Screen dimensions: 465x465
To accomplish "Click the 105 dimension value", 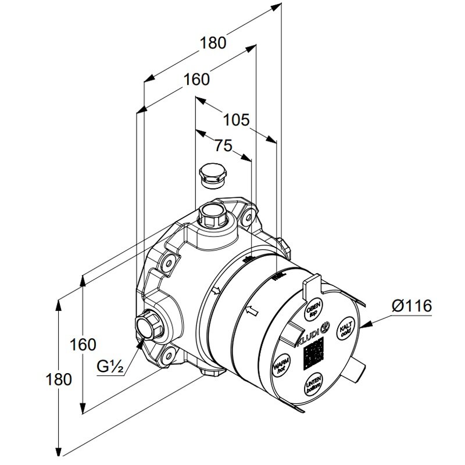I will coord(237,120).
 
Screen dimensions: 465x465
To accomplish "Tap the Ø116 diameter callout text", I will coord(412,306).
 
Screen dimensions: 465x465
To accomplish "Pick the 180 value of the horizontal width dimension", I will coord(213,42).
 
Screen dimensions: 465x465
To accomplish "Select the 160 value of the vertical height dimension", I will coord(83,344).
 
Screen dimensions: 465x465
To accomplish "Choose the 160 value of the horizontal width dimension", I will coord(196,79).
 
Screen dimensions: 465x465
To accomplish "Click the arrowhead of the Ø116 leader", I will coord(364,326).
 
